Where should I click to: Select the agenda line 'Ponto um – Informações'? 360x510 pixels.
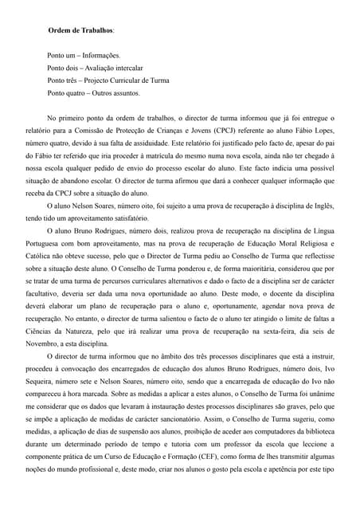pyautogui.click(x=84, y=57)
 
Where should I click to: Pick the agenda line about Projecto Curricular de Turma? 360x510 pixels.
pyautogui.click(x=108, y=80)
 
